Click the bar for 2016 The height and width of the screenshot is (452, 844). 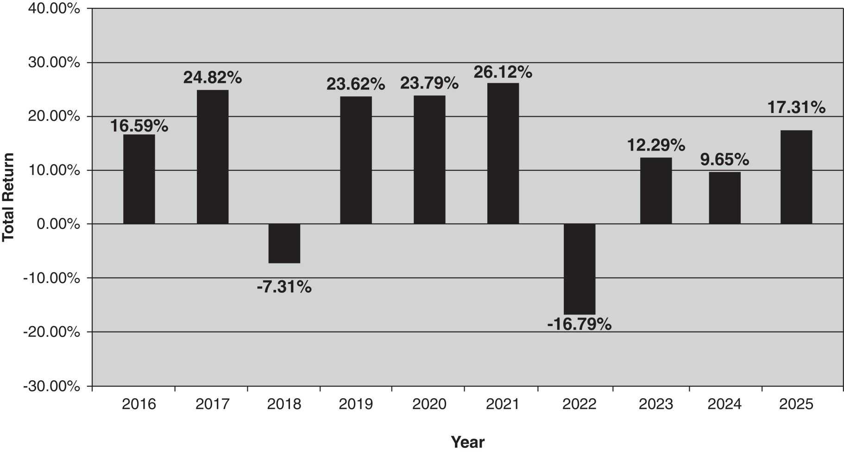139,179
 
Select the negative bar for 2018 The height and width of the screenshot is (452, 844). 284,244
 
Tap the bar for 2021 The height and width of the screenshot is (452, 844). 503,154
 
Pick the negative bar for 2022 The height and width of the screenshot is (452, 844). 579,269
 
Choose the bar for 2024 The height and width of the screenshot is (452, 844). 724,198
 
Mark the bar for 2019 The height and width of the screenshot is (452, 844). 356,160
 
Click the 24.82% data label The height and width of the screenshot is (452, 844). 213,78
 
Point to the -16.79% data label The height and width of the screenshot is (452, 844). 579,324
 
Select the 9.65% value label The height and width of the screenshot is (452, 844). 724,160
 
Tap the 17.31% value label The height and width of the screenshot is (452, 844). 796,107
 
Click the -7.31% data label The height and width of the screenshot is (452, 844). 284,287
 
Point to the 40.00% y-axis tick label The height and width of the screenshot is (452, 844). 54,8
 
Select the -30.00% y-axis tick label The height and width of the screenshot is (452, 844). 52,386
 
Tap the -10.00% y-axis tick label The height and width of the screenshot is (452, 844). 52,278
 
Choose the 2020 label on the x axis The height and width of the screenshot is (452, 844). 429,404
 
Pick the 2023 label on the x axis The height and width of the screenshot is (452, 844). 656,404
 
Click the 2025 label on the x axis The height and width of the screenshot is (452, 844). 796,404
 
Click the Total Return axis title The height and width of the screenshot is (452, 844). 8,197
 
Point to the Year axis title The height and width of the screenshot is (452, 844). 468,442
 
